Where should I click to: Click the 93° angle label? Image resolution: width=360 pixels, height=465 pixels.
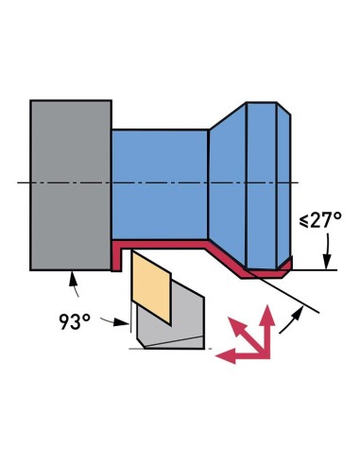click(x=74, y=321)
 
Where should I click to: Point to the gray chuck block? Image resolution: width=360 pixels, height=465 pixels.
click(x=71, y=183)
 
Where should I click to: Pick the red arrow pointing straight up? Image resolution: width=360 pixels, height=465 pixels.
click(x=268, y=321)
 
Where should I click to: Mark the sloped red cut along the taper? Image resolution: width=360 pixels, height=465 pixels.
click(x=227, y=260)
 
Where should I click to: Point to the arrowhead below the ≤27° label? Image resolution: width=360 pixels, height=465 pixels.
click(x=327, y=264)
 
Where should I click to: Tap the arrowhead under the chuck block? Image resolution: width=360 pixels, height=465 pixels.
click(x=72, y=276)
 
